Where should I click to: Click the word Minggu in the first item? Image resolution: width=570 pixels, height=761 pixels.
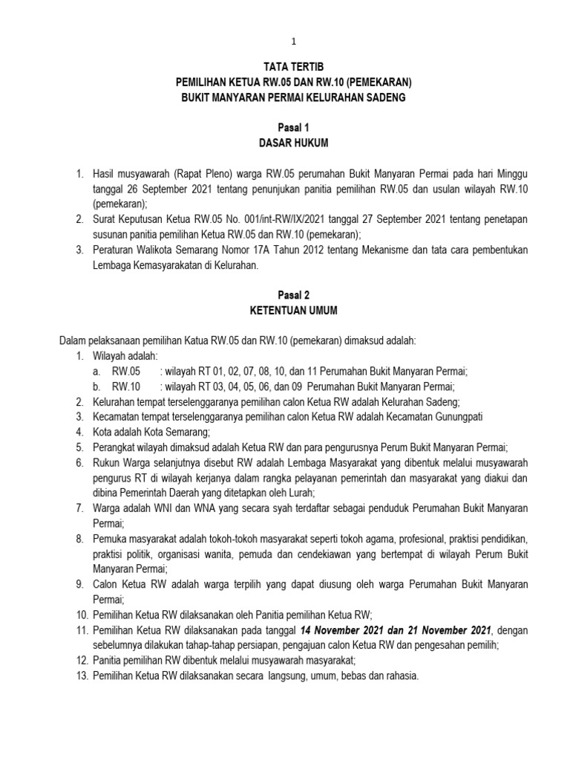click(x=512, y=174)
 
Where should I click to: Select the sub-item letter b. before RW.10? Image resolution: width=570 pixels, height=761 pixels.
click(x=97, y=386)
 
